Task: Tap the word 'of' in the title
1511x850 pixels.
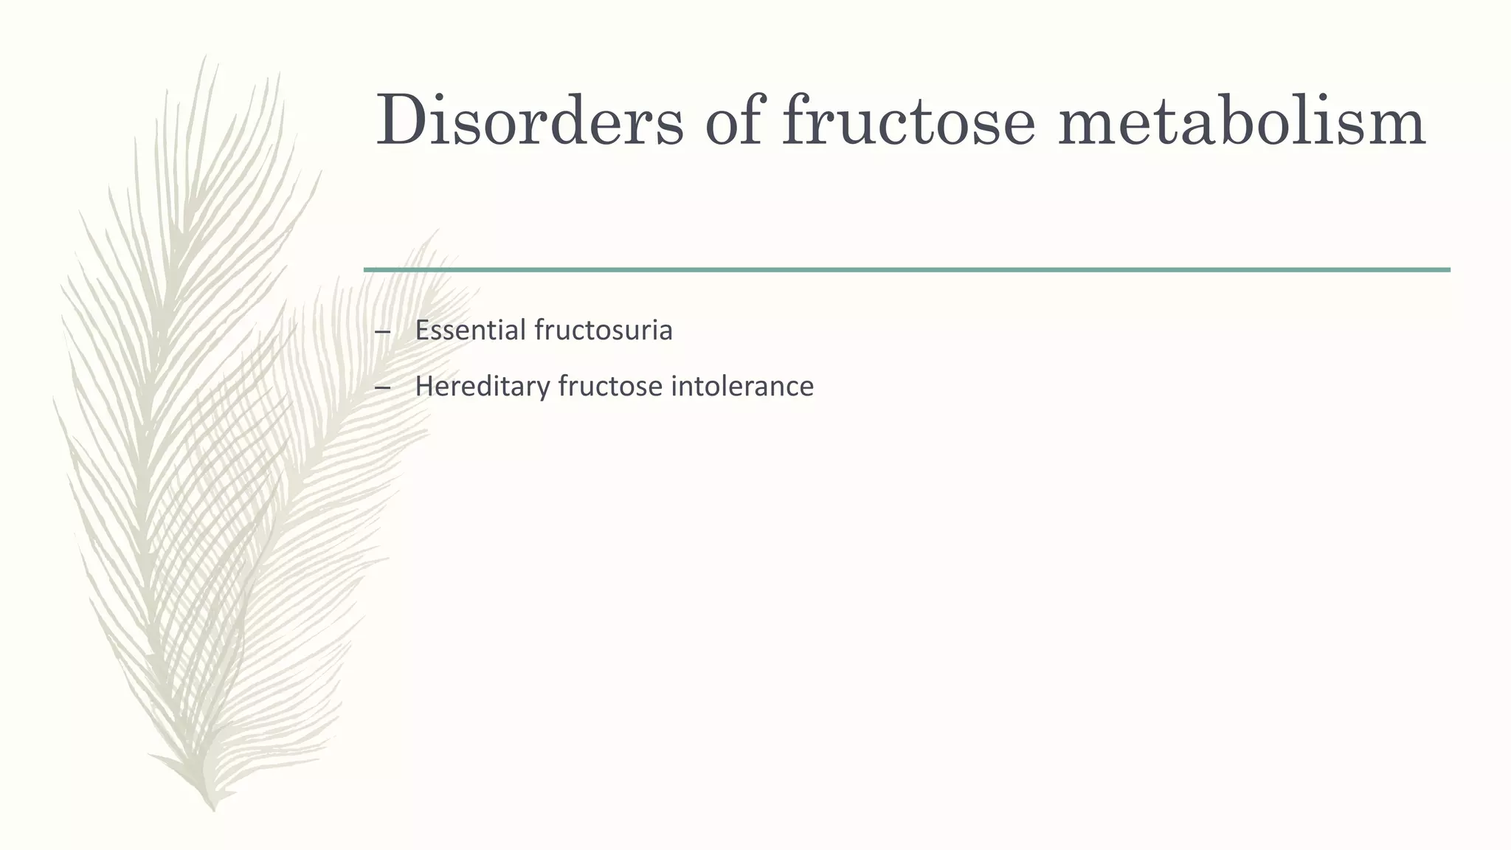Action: (x=733, y=120)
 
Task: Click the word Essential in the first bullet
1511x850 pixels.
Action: (x=470, y=330)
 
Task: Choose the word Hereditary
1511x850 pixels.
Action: (x=482, y=386)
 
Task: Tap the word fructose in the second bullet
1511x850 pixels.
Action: (x=610, y=386)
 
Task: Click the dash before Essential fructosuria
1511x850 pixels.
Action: (x=382, y=331)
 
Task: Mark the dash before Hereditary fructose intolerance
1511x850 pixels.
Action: (x=382, y=387)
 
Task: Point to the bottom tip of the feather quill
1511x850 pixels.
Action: (x=213, y=809)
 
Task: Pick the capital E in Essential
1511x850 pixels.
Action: (x=421, y=330)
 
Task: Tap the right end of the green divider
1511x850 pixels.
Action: (x=1448, y=270)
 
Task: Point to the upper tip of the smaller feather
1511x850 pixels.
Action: (x=435, y=231)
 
